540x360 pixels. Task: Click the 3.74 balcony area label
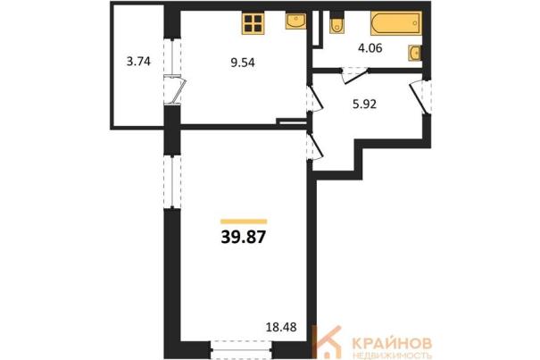(138, 62)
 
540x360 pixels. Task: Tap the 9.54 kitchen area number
(243, 63)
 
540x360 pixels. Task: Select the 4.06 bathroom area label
(370, 48)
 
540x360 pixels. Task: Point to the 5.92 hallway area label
(364, 104)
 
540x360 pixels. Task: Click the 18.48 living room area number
(281, 327)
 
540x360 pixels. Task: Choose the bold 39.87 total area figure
(244, 238)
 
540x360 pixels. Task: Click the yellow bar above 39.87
(244, 222)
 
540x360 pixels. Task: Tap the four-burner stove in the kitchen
(253, 23)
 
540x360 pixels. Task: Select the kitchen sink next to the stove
(295, 21)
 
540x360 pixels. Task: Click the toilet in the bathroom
(336, 23)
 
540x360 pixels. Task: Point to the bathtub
(396, 23)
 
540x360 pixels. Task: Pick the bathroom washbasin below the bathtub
(415, 53)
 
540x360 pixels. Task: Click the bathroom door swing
(354, 76)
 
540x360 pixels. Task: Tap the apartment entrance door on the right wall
(420, 96)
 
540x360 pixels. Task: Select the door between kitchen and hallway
(314, 98)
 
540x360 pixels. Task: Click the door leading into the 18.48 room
(314, 146)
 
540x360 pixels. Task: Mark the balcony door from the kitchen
(176, 89)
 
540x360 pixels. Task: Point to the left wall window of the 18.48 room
(172, 181)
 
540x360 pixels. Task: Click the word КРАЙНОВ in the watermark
(392, 343)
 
